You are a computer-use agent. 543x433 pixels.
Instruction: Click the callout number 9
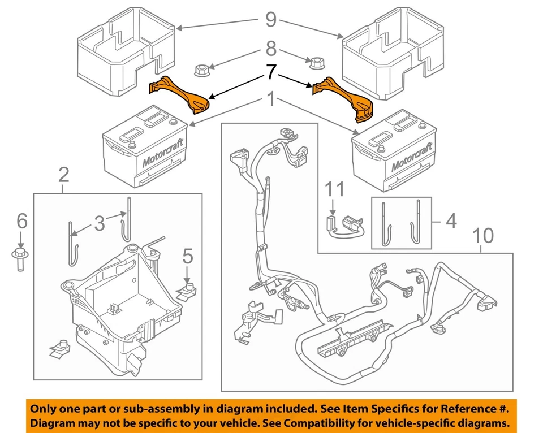coord(271,20)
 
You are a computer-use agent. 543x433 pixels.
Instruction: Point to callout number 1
coord(271,101)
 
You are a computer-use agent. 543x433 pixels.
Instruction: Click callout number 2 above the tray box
coord(63,175)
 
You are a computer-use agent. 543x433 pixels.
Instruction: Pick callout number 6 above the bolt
coord(21,221)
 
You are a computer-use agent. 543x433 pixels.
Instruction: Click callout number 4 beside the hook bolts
coord(451,221)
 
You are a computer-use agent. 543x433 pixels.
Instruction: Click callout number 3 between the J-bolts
coord(100,223)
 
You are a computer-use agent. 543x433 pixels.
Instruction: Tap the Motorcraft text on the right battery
coord(412,156)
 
